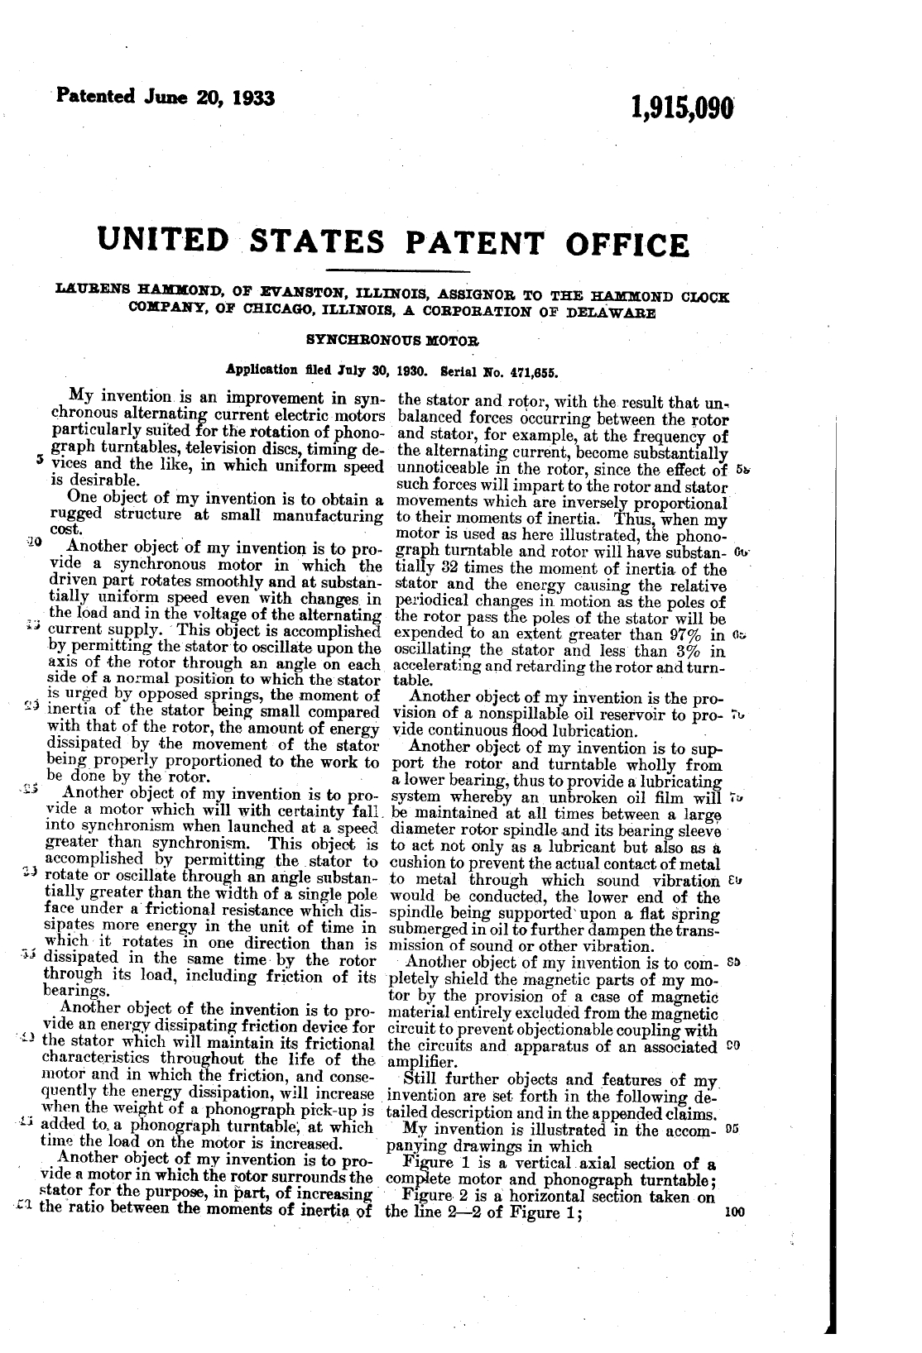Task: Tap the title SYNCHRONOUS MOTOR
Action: click(x=392, y=340)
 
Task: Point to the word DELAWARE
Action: click(x=614, y=313)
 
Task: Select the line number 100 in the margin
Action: click(x=733, y=1213)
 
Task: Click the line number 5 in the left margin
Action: click(x=29, y=460)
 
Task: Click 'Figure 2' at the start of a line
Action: click(x=429, y=1197)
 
